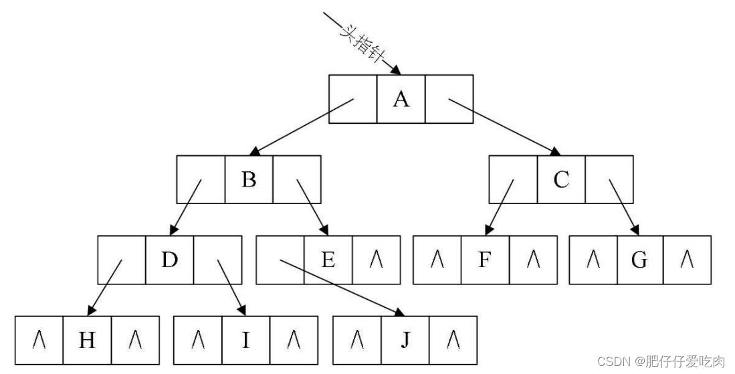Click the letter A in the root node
click(401, 99)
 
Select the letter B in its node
click(249, 179)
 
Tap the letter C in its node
click(561, 179)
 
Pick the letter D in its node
click(169, 260)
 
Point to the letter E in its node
click(328, 260)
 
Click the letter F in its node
click(485, 260)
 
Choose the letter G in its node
click(639, 260)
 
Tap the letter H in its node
click(87, 340)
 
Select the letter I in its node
click(245, 340)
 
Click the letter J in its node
click(405, 340)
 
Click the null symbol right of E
click(376, 260)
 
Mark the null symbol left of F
click(437, 260)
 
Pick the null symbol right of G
click(687, 260)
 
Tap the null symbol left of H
click(39, 340)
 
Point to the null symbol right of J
click(453, 340)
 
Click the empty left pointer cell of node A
click(352, 99)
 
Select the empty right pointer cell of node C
click(609, 179)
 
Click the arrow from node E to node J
click(341, 286)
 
